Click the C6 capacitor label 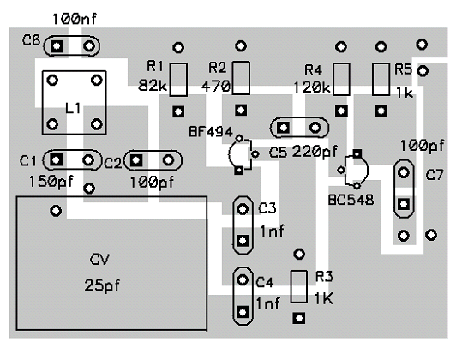point(31,40)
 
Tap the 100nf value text point(75,20)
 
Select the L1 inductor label point(73,108)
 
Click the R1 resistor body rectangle point(178,80)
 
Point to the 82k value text point(153,86)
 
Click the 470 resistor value point(216,86)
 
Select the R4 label point(313,70)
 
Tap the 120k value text point(312,87)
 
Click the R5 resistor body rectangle point(381,79)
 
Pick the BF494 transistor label point(211,132)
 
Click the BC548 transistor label point(351,200)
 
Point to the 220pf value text point(315,152)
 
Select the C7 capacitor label point(435,175)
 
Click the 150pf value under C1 point(51,182)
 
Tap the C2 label point(113,164)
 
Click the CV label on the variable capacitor point(99,260)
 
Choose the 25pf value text point(102,285)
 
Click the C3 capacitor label point(267,208)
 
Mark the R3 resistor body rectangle point(299,287)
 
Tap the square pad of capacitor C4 point(243,312)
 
